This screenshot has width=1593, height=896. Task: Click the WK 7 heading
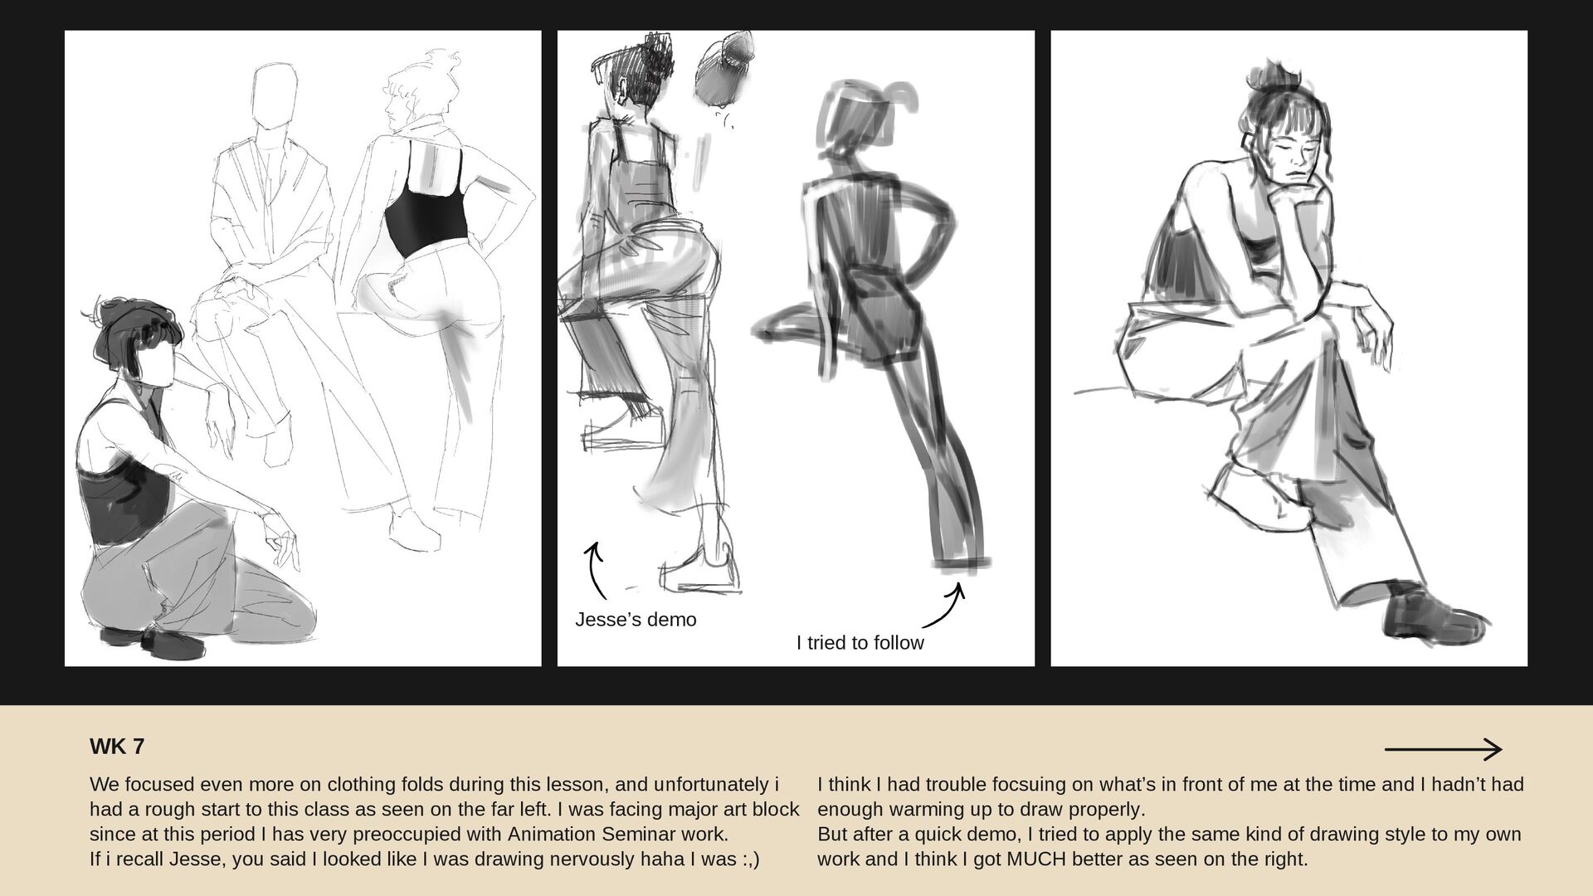pos(117,747)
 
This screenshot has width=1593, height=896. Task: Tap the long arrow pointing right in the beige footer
pos(1443,750)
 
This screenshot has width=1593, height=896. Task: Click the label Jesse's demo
pos(636,620)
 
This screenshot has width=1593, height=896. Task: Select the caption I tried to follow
pos(860,643)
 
